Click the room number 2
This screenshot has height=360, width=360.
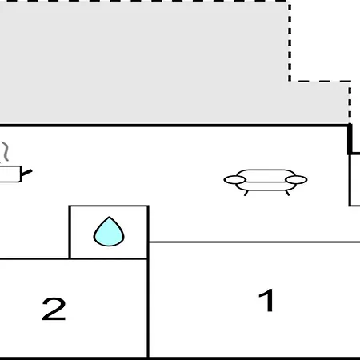[54, 309]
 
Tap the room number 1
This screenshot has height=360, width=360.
[266, 300]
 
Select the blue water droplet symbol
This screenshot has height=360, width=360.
[109, 231]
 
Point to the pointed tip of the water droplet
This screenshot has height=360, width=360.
[109, 217]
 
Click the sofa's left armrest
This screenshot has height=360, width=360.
[234, 180]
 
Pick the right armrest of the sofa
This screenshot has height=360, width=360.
[296, 180]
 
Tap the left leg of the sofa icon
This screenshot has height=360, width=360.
[246, 193]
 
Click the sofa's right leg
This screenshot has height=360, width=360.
[287, 193]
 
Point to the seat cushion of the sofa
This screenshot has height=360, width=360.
[266, 186]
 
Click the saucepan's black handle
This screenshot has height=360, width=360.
[26, 173]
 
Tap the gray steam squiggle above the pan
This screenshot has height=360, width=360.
[6, 152]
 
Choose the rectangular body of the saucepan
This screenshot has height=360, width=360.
[10, 174]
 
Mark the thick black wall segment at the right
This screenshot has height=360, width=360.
[350, 139]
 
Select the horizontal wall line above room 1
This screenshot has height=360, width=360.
[254, 242]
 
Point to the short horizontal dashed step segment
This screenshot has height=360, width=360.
[319, 81]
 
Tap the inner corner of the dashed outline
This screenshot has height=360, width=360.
[290, 81]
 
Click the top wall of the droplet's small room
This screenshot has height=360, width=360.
[109, 206]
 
